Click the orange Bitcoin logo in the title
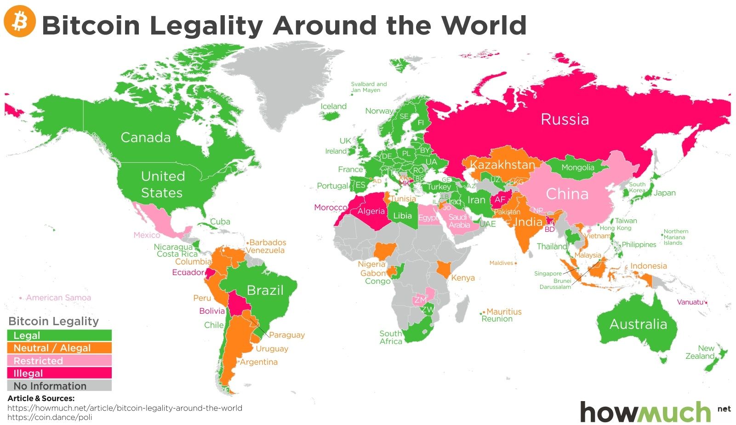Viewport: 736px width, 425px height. point(20,21)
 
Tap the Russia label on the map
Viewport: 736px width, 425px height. point(565,119)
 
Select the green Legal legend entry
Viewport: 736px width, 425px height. point(59,335)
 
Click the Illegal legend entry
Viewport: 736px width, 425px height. point(59,373)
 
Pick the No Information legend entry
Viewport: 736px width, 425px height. point(59,386)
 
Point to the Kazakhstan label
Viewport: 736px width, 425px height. point(502,165)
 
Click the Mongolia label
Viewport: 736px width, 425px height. point(577,167)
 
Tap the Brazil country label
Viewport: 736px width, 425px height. point(265,290)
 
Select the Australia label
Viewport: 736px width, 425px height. point(638,324)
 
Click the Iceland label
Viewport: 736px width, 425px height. point(333,106)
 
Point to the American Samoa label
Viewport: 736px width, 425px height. point(58,298)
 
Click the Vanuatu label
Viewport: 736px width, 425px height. point(690,302)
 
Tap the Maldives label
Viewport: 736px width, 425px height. point(501,263)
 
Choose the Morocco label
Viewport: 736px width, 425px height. point(331,207)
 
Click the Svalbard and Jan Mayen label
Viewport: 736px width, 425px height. point(369,87)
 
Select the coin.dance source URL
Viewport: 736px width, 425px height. point(50,417)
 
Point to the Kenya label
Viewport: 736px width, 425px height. point(462,278)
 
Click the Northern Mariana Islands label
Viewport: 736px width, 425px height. point(676,237)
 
